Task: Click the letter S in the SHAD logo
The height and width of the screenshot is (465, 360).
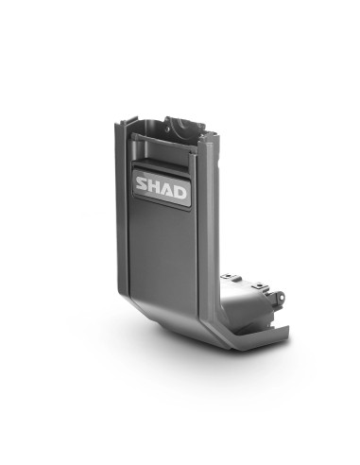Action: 142,184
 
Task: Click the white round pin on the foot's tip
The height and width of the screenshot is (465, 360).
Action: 281,298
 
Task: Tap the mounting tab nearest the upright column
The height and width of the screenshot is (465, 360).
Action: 231,278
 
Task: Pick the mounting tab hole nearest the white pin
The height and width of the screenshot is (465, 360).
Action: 259,285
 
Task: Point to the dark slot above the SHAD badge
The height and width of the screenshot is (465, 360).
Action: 160,167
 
